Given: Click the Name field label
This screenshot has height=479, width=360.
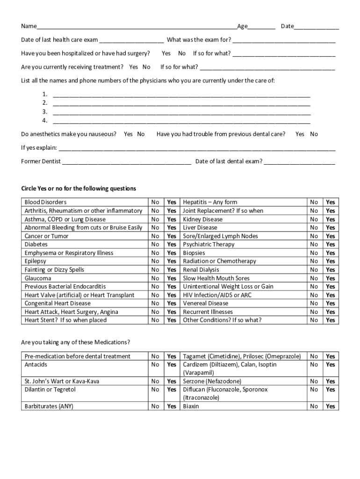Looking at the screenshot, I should (29, 26).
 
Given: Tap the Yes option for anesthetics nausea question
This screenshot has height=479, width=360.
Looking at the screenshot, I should (128, 134).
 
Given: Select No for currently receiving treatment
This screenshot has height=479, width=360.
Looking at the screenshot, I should (146, 67).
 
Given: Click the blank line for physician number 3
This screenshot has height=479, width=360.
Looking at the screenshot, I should (181, 112).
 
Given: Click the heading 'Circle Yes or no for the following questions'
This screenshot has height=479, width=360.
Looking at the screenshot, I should (79, 189).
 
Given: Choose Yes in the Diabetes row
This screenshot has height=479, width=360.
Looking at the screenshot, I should (172, 245).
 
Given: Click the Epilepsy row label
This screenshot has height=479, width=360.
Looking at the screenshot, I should (36, 261).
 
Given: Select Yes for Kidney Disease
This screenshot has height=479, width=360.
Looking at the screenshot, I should (331, 219).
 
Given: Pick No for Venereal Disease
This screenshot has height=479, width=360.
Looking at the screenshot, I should (314, 304).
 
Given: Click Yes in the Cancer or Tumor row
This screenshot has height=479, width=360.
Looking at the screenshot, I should (172, 236).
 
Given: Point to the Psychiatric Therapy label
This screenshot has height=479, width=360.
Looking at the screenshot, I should (209, 245).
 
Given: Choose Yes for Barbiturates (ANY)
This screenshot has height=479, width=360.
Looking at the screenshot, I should (172, 406).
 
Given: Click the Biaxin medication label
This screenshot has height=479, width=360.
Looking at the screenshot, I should (191, 406).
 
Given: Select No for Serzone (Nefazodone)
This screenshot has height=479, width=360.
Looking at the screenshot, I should (314, 381).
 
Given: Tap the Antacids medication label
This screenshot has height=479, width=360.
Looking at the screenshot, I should (36, 364).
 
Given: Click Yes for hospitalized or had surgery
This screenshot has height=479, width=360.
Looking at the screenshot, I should (166, 53).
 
